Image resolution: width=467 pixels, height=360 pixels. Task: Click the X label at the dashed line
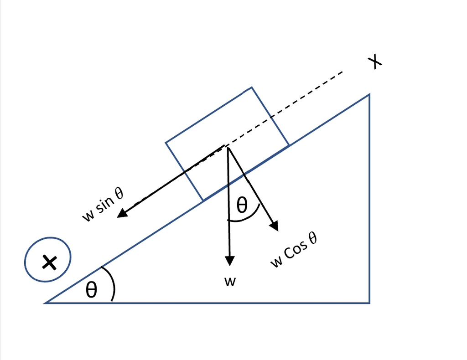click(375, 62)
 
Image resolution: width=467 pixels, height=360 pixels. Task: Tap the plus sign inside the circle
click(48, 262)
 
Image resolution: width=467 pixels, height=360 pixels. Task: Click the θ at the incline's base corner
click(92, 289)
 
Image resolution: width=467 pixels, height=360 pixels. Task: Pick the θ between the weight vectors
click(242, 206)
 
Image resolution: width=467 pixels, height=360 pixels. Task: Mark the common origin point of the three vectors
click(226, 146)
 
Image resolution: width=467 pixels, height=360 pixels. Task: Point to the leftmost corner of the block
click(166, 143)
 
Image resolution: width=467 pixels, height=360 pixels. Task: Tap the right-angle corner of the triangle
click(369, 303)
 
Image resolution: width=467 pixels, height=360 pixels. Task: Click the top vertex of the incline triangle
click(369, 94)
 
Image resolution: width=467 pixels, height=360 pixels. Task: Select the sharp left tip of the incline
click(45, 303)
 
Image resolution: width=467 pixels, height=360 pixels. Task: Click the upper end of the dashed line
click(342, 72)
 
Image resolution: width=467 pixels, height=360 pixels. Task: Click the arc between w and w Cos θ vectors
click(246, 219)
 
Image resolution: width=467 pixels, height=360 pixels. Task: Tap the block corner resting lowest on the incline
click(203, 201)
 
